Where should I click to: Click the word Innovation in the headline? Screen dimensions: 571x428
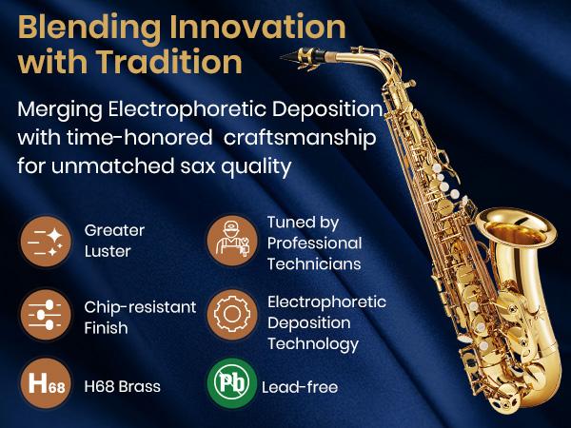258,28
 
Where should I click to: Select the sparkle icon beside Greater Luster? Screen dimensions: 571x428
46,242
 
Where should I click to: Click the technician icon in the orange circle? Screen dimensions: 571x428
232,241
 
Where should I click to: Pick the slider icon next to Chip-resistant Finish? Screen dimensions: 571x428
46,315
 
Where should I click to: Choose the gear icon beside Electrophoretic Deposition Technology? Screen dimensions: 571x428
232,315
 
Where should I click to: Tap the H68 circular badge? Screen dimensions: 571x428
46,383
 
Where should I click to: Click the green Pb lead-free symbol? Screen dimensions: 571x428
232,383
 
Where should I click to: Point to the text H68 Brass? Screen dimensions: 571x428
123,386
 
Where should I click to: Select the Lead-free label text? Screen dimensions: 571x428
300,387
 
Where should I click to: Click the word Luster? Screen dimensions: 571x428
108,251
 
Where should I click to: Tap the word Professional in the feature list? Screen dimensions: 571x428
315,243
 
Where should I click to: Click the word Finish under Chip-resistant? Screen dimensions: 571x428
106,328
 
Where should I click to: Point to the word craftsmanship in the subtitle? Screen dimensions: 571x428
300,138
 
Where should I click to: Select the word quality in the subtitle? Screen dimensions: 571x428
256,166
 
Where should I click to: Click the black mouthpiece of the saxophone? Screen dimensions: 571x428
303,57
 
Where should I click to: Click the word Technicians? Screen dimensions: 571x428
314,263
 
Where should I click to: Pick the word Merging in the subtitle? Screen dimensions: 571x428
60,109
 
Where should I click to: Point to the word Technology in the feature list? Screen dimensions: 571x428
313,344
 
